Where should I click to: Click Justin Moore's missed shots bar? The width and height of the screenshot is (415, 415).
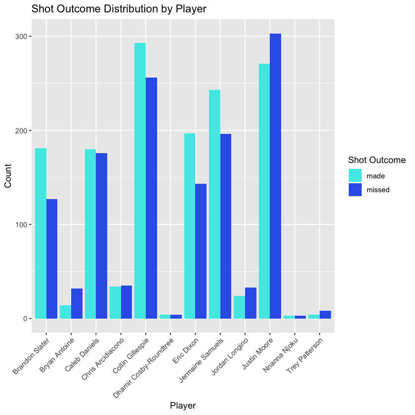tap(275, 176)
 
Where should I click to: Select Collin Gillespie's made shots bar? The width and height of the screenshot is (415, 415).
tap(140, 181)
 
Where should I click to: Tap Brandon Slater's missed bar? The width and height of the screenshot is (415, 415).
tap(52, 259)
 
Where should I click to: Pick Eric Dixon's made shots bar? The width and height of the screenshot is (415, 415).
tap(190, 226)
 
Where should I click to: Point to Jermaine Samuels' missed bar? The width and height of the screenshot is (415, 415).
tap(226, 226)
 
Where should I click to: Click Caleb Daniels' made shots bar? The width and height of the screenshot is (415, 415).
tap(90, 234)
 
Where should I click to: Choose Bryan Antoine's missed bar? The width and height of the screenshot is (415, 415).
tap(77, 303)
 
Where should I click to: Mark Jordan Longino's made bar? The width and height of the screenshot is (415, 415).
tap(239, 307)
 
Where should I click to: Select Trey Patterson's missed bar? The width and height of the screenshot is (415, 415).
tap(325, 315)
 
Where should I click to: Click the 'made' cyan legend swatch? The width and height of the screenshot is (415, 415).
tap(355, 175)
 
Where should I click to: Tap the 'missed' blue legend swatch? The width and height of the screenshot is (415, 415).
tap(355, 190)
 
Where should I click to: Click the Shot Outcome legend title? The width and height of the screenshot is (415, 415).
tap(377, 160)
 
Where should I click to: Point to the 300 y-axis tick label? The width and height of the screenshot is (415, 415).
tap(21, 37)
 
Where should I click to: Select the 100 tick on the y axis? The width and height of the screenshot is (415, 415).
tap(21, 225)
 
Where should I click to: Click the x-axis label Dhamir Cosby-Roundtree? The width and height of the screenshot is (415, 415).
tap(143, 368)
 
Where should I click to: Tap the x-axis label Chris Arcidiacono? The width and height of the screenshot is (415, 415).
tap(102, 359)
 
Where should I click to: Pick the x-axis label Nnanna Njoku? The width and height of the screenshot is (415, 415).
tap(281, 355)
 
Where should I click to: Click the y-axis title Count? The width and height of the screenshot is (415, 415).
tap(8, 176)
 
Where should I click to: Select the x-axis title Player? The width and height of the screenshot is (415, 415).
tap(183, 406)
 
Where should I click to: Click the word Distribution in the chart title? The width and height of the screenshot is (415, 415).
tap(131, 9)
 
